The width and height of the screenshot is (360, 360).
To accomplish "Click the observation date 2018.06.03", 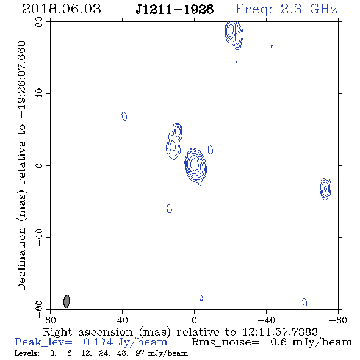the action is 62,9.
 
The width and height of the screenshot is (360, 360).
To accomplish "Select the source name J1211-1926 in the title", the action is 175,9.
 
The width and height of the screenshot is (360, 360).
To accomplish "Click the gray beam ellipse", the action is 67,301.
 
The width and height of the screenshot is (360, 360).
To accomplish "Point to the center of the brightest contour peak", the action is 194,164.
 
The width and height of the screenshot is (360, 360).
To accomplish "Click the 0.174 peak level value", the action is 98,342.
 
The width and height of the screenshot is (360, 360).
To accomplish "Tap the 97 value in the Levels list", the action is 140,353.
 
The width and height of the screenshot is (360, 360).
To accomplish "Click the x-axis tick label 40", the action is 123,320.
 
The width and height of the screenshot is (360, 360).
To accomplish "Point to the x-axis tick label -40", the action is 266,320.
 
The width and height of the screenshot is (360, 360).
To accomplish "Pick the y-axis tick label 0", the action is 39,165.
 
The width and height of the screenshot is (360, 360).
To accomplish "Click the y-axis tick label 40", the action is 39,94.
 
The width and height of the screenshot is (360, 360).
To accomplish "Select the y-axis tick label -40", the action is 39,237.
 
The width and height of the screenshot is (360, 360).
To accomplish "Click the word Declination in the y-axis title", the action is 21,259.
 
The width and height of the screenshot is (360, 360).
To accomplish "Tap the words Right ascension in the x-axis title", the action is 88,332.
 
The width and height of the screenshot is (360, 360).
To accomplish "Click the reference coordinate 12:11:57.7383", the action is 280,332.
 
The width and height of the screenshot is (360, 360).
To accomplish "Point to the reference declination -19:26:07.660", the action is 21,80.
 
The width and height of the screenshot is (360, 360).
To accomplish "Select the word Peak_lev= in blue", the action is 43,342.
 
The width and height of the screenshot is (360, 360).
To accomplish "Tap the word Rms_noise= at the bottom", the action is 225,342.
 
